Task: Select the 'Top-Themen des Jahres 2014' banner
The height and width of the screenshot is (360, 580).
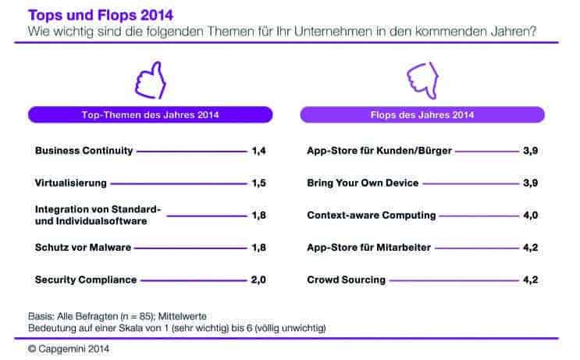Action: tap(150, 115)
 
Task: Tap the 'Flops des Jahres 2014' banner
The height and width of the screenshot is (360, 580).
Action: tap(422, 115)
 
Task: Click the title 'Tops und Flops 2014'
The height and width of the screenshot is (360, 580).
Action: tap(101, 15)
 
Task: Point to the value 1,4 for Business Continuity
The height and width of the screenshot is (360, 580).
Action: tap(259, 151)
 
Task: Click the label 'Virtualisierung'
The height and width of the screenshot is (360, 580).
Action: tap(71, 183)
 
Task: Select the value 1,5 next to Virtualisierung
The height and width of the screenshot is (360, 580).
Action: tap(259, 183)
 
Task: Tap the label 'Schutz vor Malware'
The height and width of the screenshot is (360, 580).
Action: tap(84, 247)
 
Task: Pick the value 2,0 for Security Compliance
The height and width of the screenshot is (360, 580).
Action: tap(258, 280)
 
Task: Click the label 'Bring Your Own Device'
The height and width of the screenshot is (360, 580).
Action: tap(362, 183)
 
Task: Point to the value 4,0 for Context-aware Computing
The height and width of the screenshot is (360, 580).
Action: tap(531, 215)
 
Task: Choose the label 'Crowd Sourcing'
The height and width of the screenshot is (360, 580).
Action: tap(347, 280)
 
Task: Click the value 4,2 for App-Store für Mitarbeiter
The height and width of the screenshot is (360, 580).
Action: tap(531, 247)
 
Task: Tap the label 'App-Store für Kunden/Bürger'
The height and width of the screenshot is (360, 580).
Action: tap(379, 151)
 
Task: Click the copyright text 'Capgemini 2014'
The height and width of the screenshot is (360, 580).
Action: tap(73, 348)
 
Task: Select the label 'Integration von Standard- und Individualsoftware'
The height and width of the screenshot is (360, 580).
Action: tap(98, 215)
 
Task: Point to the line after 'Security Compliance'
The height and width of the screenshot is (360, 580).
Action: tap(194, 280)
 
